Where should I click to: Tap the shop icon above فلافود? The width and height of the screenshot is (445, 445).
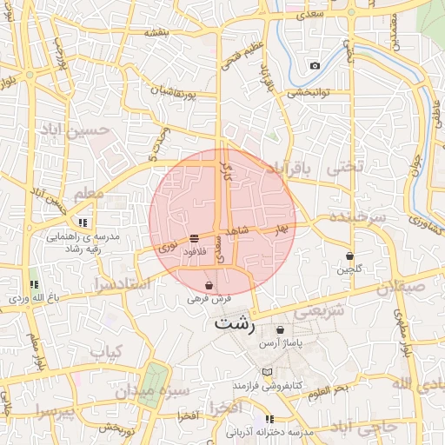(193, 237)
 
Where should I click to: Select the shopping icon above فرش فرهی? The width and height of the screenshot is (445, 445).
(209, 285)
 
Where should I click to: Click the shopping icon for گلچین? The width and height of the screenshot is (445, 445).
(349, 256)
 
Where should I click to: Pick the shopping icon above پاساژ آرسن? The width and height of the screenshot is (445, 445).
(280, 330)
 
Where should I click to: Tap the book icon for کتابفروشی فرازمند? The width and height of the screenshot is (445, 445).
(267, 372)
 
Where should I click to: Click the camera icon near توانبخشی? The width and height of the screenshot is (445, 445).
(315, 66)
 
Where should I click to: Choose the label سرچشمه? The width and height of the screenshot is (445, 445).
(351, 217)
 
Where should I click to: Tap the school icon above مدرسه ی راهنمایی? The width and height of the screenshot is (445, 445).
(107, 222)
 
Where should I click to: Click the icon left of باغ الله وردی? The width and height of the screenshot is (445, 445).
(34, 284)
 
